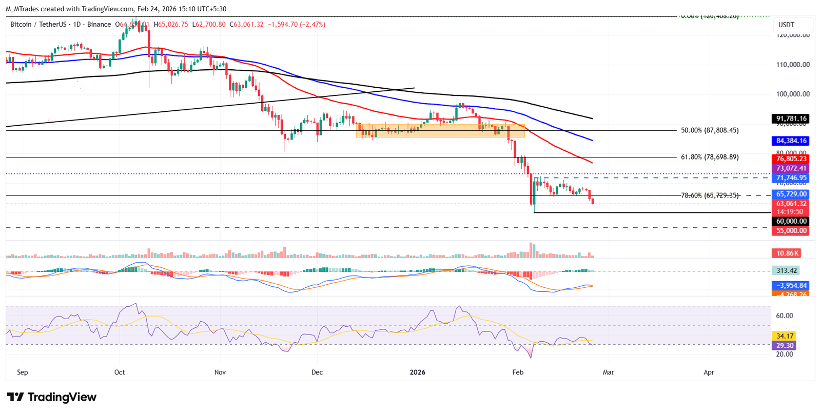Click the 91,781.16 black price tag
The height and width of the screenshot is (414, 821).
(x=791, y=119)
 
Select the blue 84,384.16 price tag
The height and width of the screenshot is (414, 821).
(x=791, y=141)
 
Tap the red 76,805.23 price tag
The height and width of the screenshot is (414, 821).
(x=791, y=159)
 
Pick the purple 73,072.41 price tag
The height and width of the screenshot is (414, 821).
(x=791, y=168)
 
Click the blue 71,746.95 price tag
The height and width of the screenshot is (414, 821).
(x=791, y=178)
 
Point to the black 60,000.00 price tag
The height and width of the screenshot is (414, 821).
(x=791, y=221)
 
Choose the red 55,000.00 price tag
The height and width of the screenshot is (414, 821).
(x=791, y=231)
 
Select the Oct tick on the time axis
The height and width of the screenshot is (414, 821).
(x=120, y=372)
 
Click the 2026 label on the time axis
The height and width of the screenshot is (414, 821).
(x=418, y=372)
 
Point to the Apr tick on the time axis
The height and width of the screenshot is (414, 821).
(x=709, y=372)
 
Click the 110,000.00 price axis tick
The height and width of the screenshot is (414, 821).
(x=793, y=65)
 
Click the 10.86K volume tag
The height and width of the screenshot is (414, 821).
(x=787, y=253)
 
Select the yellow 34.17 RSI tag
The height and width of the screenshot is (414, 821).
(x=785, y=336)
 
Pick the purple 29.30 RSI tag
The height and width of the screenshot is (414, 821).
(x=785, y=346)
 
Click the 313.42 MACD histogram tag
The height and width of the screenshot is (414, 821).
(x=786, y=270)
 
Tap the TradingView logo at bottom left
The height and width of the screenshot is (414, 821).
(x=51, y=397)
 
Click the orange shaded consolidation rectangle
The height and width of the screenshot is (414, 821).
(x=440, y=130)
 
